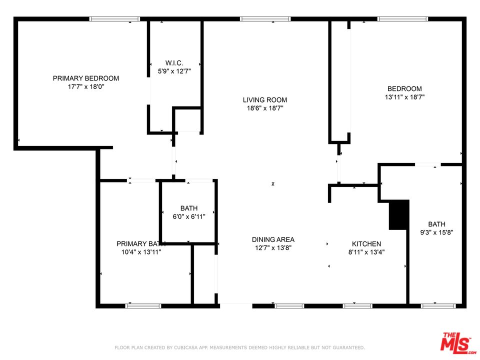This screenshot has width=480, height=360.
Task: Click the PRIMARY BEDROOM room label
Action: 86,78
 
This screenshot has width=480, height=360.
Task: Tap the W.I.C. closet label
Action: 174,63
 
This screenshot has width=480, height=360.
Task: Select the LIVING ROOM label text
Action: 265,100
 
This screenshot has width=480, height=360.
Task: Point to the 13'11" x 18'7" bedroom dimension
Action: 404,97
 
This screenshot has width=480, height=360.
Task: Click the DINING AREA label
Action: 273,239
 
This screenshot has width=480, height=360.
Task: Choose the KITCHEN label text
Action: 365,244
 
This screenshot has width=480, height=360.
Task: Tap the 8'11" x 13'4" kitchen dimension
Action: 366,252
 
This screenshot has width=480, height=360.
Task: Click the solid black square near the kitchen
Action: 399,215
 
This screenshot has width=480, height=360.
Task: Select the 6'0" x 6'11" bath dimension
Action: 189,216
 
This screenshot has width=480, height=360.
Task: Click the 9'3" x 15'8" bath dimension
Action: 436,232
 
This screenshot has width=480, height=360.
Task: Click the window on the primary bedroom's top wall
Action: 114,19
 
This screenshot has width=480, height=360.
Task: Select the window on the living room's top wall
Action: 265,19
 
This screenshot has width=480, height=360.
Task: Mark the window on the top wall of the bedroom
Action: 402,19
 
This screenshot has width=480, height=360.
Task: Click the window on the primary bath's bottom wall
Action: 143,305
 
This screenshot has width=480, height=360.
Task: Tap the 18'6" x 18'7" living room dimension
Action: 265,108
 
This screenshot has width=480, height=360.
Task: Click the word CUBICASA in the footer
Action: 182,347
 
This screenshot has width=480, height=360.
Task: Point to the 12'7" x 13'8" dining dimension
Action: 273,247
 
